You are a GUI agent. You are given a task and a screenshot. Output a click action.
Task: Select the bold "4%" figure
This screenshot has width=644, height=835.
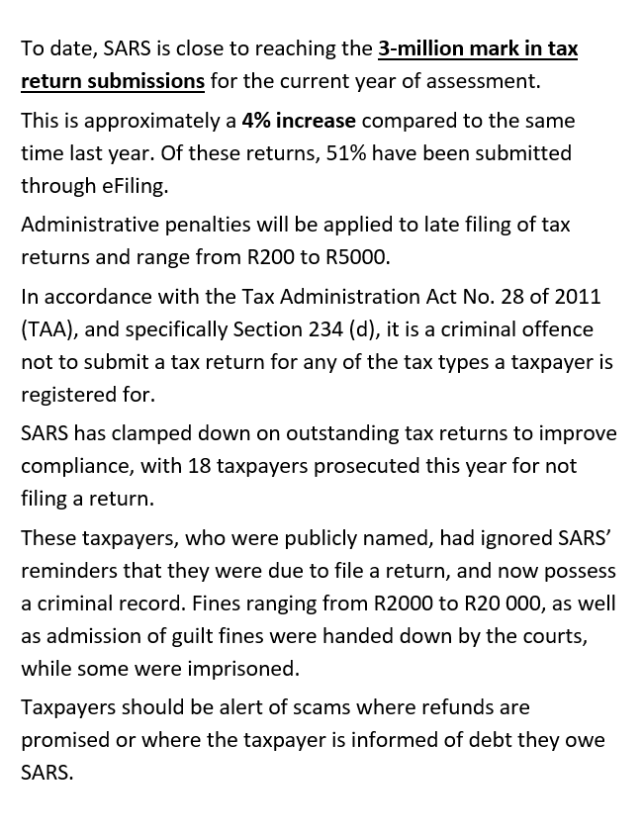[x=258, y=121]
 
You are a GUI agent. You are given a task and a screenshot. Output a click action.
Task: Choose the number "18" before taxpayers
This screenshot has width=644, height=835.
[x=199, y=466]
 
